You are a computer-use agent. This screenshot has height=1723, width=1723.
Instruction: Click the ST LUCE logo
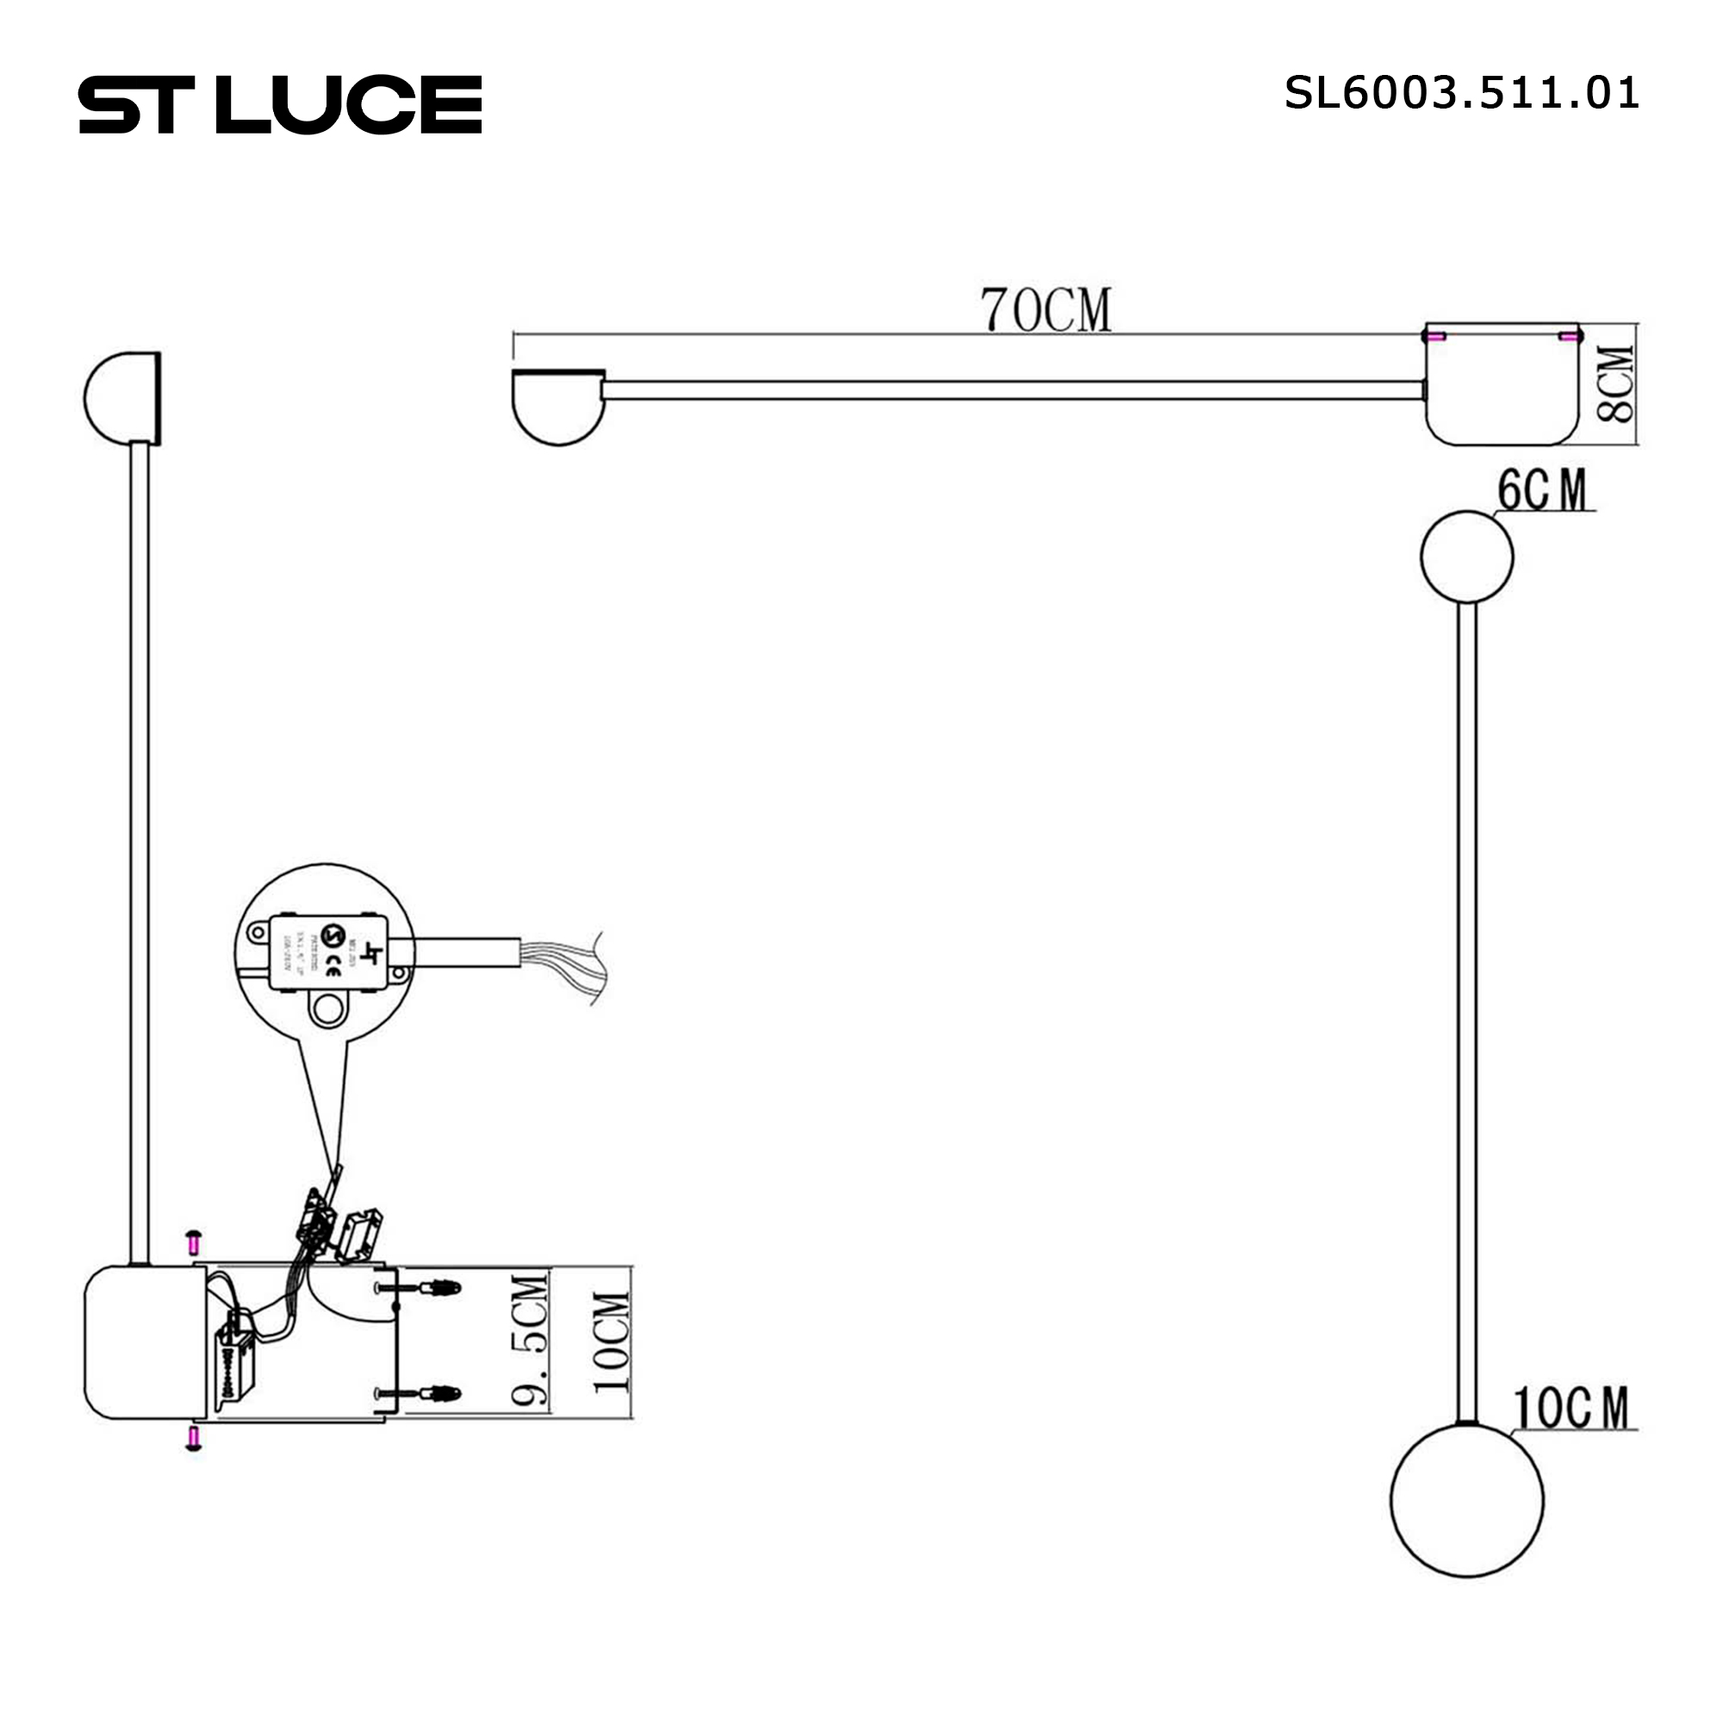280,104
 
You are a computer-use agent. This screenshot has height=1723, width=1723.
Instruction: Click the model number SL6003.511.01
1461,93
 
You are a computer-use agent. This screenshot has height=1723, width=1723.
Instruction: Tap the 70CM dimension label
1045,309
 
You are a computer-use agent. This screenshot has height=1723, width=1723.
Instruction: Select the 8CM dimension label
1616,384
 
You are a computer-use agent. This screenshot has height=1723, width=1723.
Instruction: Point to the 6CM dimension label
1543,489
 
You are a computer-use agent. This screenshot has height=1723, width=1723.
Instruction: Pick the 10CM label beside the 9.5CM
612,1342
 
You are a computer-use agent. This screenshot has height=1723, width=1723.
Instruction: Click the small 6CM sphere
1466,557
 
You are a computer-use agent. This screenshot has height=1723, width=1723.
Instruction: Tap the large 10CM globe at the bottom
1466,1501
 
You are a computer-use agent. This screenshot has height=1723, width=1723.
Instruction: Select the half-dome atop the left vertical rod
123,398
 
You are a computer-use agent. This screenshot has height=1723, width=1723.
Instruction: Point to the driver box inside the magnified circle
328,952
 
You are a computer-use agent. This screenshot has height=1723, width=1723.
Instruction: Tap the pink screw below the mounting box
194,1439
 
